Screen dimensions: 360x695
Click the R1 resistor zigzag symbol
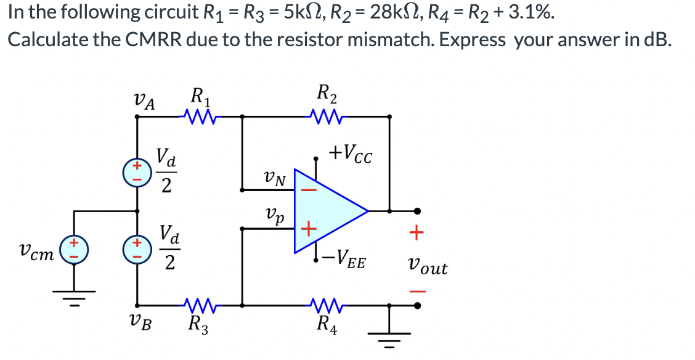198,115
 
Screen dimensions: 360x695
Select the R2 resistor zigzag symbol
324,115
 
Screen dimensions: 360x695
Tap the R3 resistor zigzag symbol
198,304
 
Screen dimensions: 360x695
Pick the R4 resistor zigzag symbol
324,304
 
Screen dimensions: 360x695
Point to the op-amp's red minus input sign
308,191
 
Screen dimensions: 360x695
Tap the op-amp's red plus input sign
308,230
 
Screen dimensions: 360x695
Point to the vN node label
274,179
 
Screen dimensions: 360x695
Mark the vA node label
144,100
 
